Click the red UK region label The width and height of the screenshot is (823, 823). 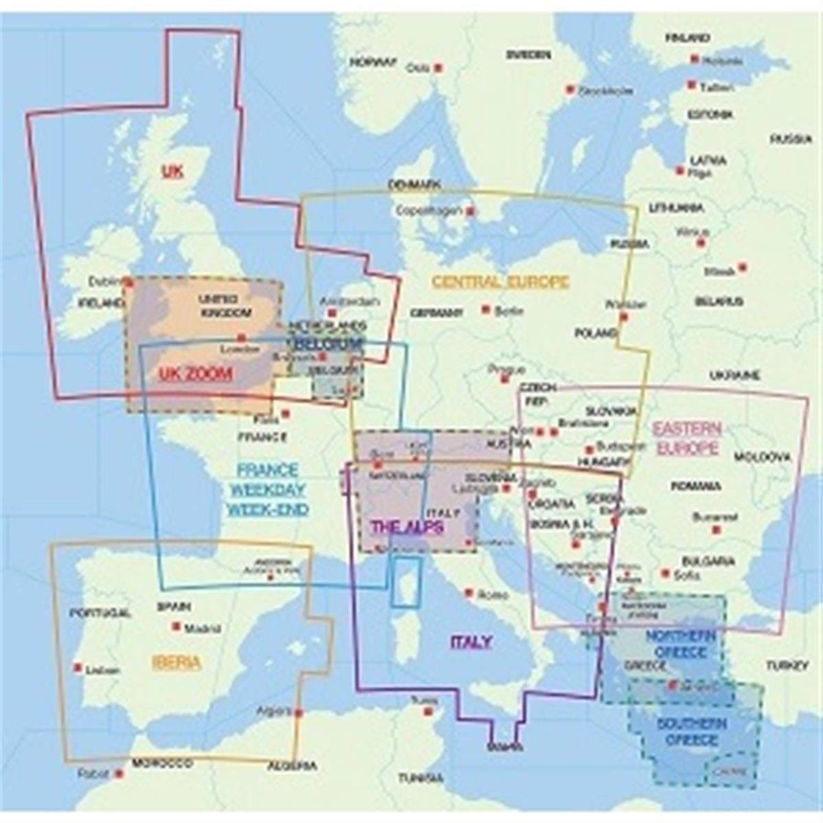tap(172, 170)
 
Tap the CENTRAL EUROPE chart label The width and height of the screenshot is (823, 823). tap(500, 281)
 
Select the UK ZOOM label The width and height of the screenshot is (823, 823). tap(195, 374)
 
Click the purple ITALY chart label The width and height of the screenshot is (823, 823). tap(471, 642)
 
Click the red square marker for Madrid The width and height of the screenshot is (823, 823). tap(177, 627)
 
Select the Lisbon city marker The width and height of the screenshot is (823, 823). tap(78, 667)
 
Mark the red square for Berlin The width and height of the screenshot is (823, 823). tap(486, 310)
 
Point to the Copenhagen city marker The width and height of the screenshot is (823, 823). tap(471, 212)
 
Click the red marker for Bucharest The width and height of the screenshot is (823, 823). tap(715, 530)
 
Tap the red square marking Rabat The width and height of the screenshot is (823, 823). tap(119, 773)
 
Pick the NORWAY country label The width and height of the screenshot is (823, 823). tap(374, 62)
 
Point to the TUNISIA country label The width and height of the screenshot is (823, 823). tap(420, 778)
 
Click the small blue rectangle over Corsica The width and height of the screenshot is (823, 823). tap(406, 581)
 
